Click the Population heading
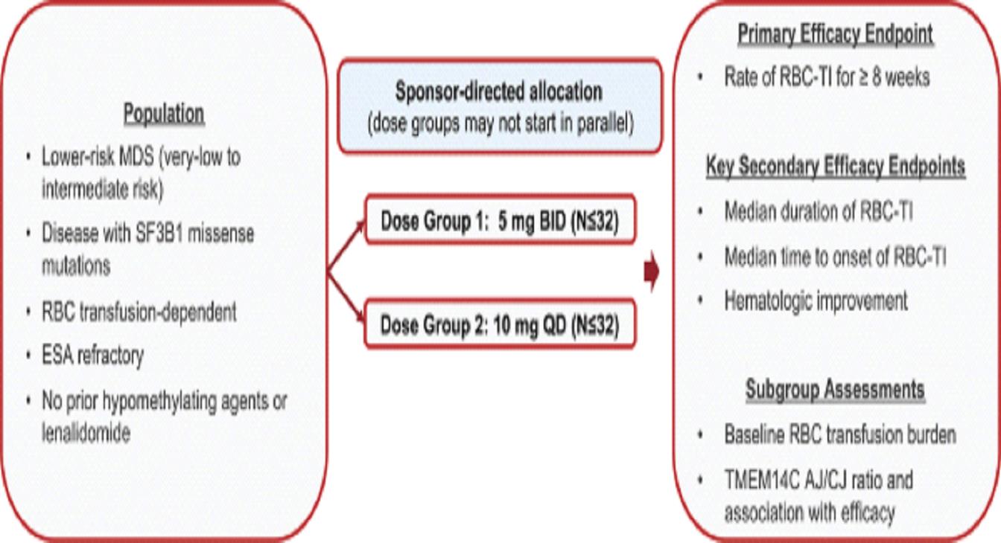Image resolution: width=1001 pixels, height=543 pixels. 163,115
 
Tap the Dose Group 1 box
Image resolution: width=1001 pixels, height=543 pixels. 500,221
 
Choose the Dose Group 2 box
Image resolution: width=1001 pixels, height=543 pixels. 500,324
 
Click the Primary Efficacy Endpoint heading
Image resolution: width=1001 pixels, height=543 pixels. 835,34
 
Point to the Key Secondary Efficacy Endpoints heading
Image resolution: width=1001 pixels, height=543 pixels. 835,167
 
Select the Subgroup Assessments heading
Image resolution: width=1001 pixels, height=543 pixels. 835,390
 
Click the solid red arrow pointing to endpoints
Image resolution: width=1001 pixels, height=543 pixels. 652,274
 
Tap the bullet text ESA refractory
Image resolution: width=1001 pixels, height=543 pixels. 93,356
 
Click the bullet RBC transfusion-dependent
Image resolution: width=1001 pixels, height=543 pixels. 140,312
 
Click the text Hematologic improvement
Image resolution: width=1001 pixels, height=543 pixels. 816,301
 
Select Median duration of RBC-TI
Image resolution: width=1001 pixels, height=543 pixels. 819,212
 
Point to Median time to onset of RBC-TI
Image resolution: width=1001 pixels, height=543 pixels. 835,257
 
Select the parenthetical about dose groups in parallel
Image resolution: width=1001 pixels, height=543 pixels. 500,124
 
